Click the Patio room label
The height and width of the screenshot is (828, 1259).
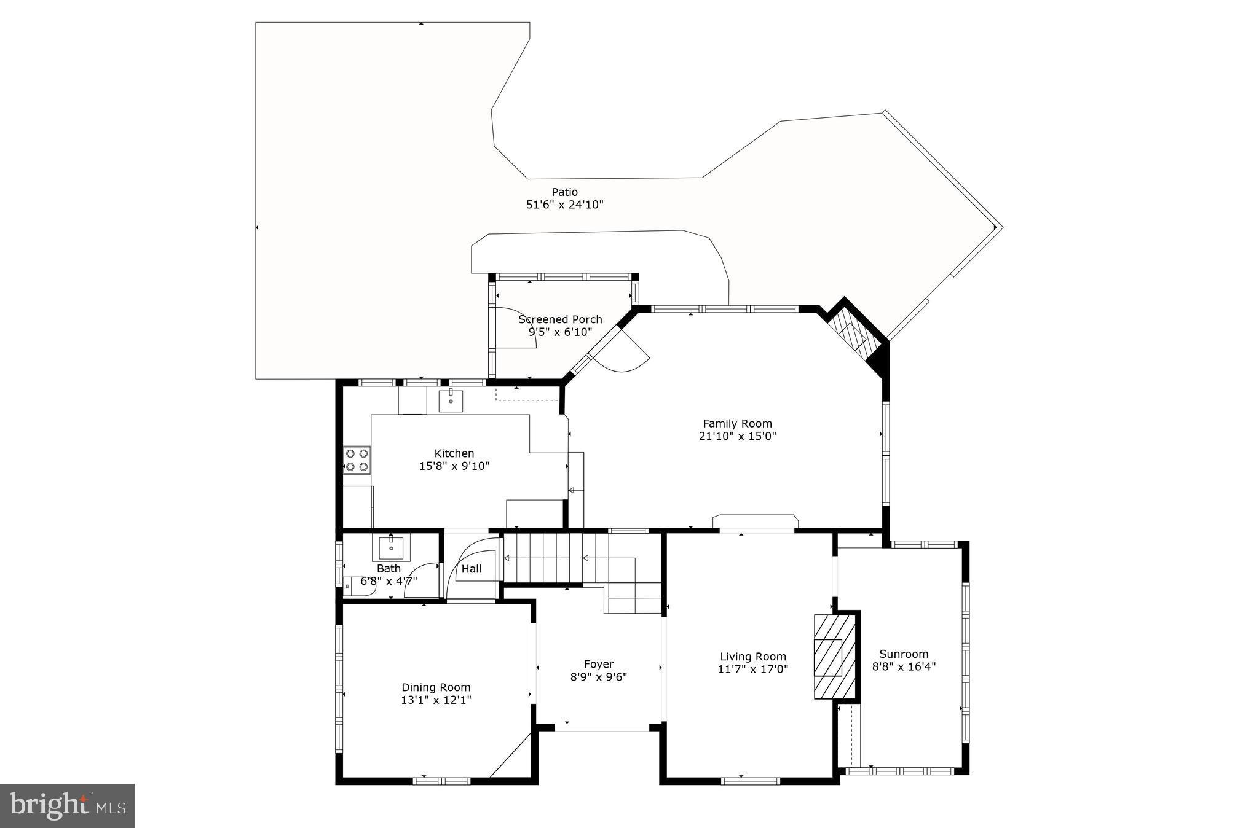(x=564, y=192)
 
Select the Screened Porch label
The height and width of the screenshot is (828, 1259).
(x=560, y=319)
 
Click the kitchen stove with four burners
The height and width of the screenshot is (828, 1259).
(x=357, y=460)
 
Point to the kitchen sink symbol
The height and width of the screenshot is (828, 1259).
(x=451, y=400)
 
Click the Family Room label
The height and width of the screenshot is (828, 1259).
(x=737, y=423)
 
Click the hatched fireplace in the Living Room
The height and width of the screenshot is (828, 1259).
(x=834, y=657)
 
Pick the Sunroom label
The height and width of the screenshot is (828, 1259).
(x=903, y=654)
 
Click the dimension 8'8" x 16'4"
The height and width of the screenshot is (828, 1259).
(x=903, y=666)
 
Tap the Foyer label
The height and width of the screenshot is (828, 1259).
(x=598, y=664)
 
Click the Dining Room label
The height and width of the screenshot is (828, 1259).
(x=436, y=687)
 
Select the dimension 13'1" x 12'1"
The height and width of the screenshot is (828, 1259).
(x=436, y=700)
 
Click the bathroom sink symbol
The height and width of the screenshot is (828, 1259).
(x=391, y=546)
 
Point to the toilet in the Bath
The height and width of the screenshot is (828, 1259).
(x=357, y=586)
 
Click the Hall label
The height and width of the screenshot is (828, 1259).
(x=472, y=569)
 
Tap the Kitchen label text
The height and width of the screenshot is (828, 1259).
(x=454, y=453)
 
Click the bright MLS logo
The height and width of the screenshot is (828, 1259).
(x=67, y=805)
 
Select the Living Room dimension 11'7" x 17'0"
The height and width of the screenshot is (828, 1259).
(x=752, y=670)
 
